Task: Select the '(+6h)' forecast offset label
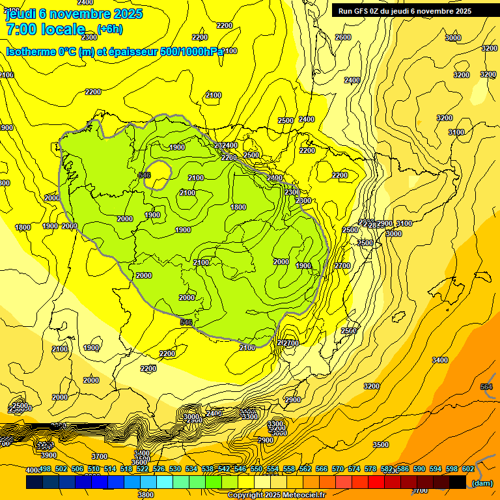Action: [x=109, y=29]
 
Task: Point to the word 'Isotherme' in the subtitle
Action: [x=31, y=51]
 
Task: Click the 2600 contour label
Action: [x=343, y=37]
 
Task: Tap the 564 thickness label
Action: [x=486, y=387]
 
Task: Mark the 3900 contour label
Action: [x=48, y=455]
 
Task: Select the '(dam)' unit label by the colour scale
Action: [x=482, y=483]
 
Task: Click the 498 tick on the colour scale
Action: [x=45, y=469]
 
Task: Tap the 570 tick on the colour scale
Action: [x=338, y=469]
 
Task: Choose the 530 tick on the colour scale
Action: [x=175, y=469]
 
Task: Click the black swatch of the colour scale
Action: [x=457, y=482]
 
